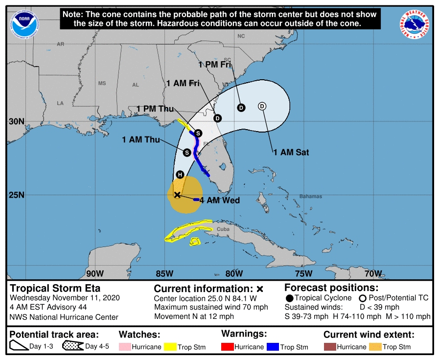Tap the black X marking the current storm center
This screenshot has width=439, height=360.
[x=177, y=195]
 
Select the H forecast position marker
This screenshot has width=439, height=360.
[x=180, y=175]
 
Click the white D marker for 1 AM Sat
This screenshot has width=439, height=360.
[x=262, y=106]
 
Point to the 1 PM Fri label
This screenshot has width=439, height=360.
[x=215, y=64]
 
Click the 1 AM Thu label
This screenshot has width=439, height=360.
[x=141, y=140]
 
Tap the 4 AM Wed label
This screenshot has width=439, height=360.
[x=220, y=200]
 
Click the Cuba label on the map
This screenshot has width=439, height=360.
[x=223, y=229]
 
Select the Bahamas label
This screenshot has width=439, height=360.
[x=311, y=197]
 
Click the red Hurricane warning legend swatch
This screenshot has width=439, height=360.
[x=229, y=347]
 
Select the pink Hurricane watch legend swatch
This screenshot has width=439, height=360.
[x=125, y=347]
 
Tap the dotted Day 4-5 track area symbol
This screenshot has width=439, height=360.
[x=72, y=346]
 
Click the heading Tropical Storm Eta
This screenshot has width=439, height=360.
[x=55, y=288]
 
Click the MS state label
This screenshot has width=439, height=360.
[x=102, y=83]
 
